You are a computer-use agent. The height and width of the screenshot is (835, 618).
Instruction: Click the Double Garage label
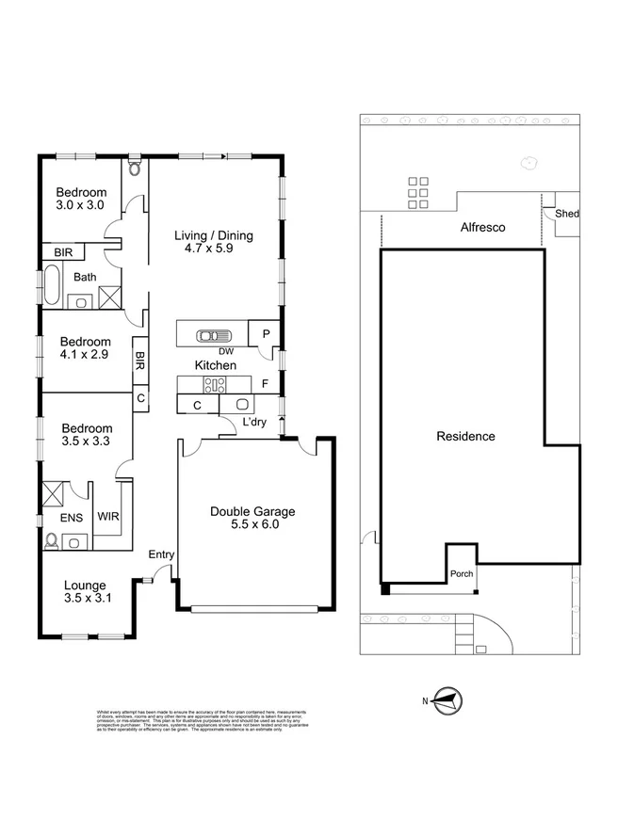point(252,519)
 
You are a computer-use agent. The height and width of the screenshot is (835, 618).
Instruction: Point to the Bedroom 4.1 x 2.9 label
point(85,348)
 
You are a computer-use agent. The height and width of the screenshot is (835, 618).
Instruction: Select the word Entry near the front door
point(161,554)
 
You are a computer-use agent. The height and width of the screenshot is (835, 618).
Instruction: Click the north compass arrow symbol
point(447,700)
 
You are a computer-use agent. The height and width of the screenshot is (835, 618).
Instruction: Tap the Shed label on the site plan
point(566,214)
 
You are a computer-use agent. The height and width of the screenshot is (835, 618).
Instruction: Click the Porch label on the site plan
point(462,574)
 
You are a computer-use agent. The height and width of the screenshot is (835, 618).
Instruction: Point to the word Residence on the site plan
point(465,437)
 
